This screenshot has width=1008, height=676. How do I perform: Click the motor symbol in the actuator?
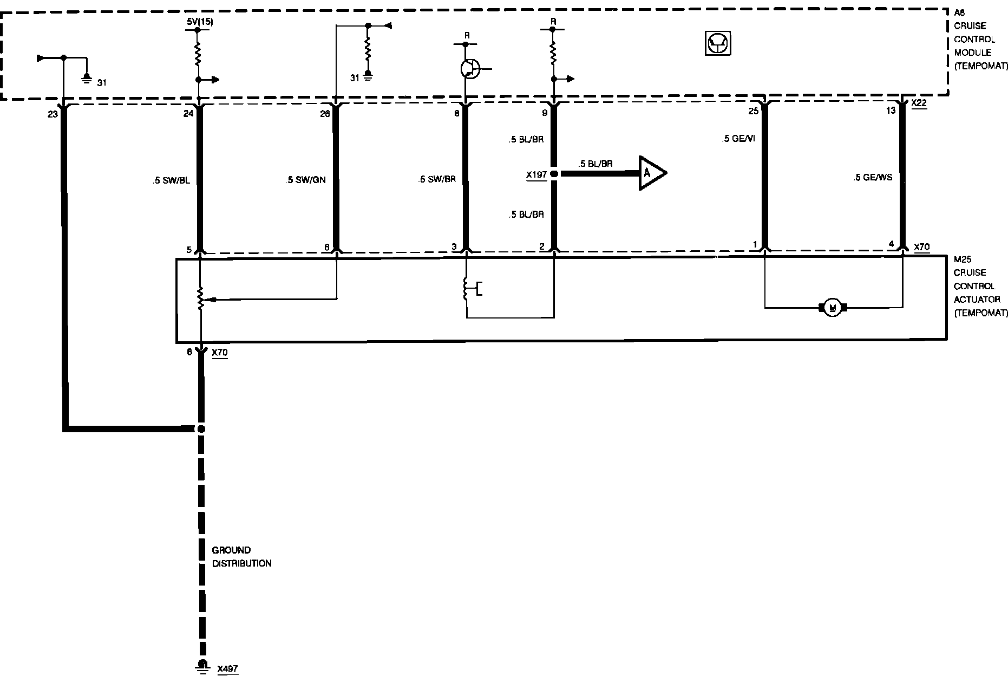833,308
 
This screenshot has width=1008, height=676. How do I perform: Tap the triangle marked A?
651,173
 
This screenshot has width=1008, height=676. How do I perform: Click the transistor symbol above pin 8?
469,69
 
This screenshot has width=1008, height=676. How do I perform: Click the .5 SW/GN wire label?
305,180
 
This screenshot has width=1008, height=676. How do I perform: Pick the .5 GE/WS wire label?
872,177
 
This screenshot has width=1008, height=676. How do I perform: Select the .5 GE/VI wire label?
738,139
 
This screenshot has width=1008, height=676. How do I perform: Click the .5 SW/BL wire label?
171,180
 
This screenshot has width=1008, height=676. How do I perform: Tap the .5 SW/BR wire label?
437,180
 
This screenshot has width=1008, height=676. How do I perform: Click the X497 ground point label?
227,669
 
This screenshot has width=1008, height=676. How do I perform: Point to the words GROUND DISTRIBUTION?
241,557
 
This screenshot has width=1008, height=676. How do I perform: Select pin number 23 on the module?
53,114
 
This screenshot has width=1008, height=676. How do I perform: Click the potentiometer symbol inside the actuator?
201,298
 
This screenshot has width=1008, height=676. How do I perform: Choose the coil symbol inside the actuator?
466,289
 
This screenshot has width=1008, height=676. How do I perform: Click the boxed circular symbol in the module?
718,43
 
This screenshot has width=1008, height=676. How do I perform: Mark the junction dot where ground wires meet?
201,429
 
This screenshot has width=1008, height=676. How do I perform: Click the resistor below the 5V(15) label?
198,54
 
